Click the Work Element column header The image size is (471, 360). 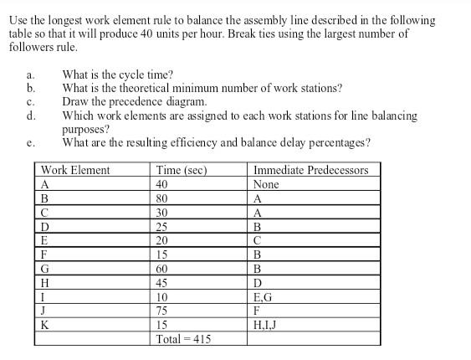(x=76, y=170)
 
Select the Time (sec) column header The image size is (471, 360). (x=182, y=170)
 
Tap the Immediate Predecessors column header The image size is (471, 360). (x=309, y=170)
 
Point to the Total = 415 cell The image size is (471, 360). (x=183, y=339)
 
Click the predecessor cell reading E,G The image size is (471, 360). (x=263, y=296)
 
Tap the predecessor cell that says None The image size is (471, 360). (x=266, y=184)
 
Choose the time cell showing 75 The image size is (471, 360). (x=162, y=311)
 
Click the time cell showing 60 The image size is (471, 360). (x=162, y=268)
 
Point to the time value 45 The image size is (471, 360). (x=162, y=282)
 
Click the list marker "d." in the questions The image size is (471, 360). (x=31, y=116)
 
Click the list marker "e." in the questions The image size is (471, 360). (x=31, y=143)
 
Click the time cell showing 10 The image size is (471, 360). (x=162, y=296)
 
